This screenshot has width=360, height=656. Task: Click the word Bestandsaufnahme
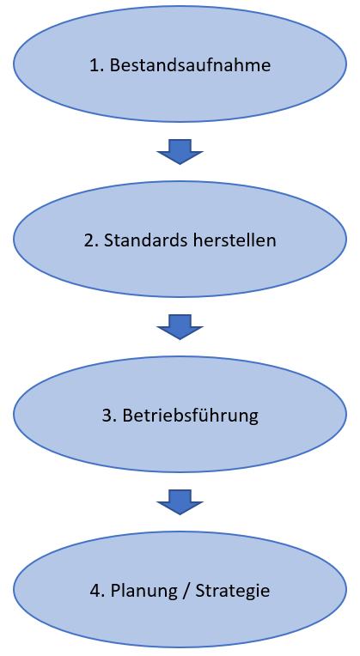[190, 65]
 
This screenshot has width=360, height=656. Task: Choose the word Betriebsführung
[191, 416]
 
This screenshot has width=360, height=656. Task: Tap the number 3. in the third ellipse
[109, 416]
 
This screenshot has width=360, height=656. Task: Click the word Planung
[145, 591]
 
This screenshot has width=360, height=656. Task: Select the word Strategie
[233, 591]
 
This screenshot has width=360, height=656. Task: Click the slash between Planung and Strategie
[187, 591]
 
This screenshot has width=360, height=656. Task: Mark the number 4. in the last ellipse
[97, 591]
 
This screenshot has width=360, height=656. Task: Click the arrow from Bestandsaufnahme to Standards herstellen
[180, 152]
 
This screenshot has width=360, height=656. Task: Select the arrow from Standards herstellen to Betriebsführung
[180, 327]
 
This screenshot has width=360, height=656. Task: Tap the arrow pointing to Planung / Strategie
[180, 502]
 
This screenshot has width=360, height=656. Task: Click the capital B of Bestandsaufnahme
[115, 65]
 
